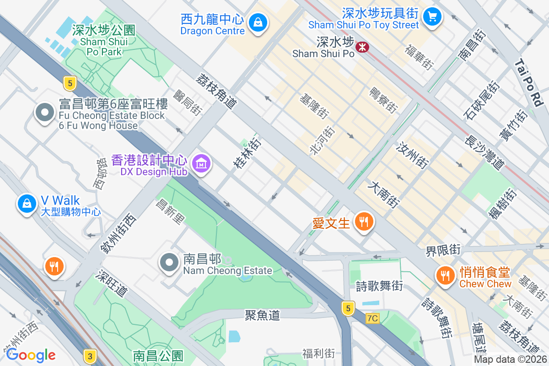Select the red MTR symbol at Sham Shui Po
pyautogui.click(x=363, y=47)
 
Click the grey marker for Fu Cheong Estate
pyautogui.click(x=45, y=112)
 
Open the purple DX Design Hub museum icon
pyautogui.click(x=201, y=162)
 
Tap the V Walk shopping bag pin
pyautogui.click(x=27, y=203)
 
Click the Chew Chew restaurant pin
pyautogui.click(x=444, y=275)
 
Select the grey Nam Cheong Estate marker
pyautogui.click(x=169, y=262)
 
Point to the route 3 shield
pyautogui.click(x=90, y=355)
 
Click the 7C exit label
pyautogui.click(x=373, y=318)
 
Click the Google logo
pyautogui.click(x=31, y=355)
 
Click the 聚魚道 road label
pyautogui.click(x=262, y=315)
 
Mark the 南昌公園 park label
pyautogui.click(x=158, y=355)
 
